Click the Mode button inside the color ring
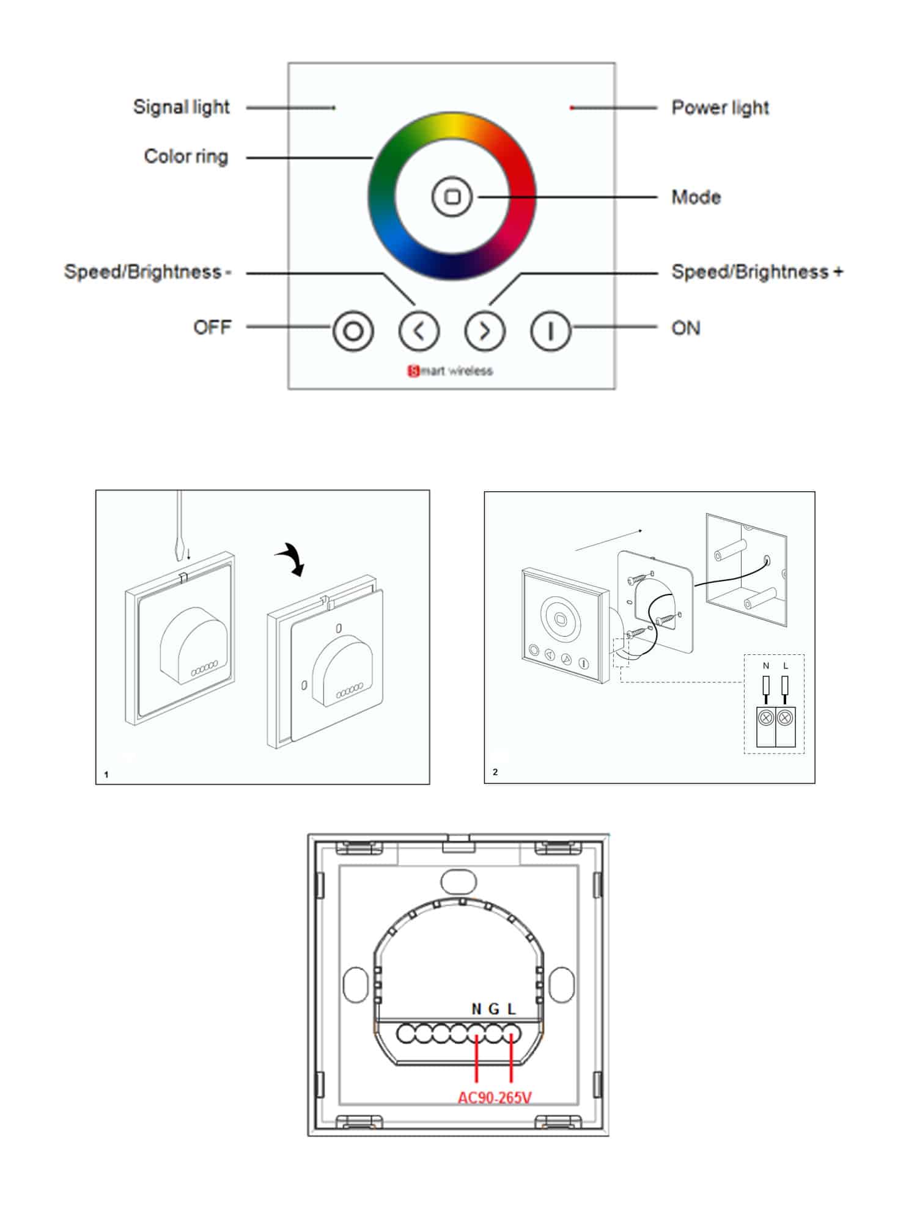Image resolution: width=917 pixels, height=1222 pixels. tap(452, 197)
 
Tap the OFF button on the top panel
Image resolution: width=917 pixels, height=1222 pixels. tap(353, 331)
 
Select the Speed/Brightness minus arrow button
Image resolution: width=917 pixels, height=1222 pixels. tap(419, 331)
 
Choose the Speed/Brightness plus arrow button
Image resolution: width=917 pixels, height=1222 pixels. tap(485, 331)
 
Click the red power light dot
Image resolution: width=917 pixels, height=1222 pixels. tap(572, 108)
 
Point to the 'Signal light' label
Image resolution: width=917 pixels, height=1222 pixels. tap(181, 107)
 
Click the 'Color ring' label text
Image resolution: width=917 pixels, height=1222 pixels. tap(186, 156)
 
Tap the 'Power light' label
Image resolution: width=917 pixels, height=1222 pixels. tap(720, 108)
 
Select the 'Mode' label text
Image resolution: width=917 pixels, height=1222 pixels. tap(696, 197)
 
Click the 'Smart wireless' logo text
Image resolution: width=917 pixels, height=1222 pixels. tap(451, 371)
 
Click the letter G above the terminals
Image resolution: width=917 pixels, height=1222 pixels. tap(494, 1009)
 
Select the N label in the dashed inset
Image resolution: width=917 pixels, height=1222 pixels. tap(766, 666)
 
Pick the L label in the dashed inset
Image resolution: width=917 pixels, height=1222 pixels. tap(786, 666)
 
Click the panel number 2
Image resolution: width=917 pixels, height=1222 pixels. tap(495, 772)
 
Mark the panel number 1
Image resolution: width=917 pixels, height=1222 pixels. tap(106, 775)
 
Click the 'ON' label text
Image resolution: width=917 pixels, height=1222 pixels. tap(685, 328)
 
